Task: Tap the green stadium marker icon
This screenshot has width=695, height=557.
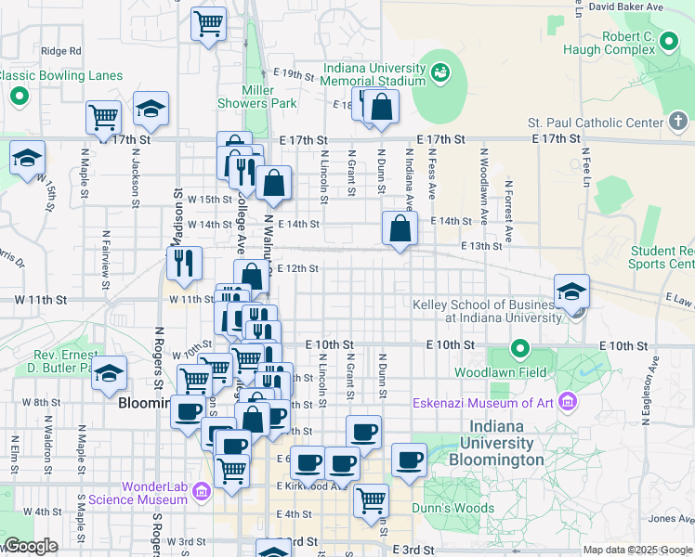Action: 439,71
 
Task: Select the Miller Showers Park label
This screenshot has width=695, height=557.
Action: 256,97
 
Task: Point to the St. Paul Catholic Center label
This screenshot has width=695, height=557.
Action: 595,123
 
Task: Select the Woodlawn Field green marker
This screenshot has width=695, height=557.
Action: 520,351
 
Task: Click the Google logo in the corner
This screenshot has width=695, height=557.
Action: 31,547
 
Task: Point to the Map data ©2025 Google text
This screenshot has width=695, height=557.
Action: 636,550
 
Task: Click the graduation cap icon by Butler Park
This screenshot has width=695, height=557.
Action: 110,373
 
